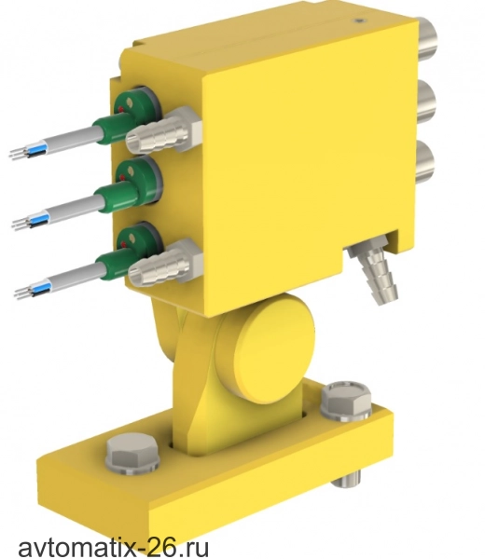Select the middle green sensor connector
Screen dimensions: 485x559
pyautogui.click(x=128, y=186)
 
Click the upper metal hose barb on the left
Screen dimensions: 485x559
pyautogui.click(x=162, y=131)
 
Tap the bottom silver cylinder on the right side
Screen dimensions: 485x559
pyautogui.click(x=425, y=163)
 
